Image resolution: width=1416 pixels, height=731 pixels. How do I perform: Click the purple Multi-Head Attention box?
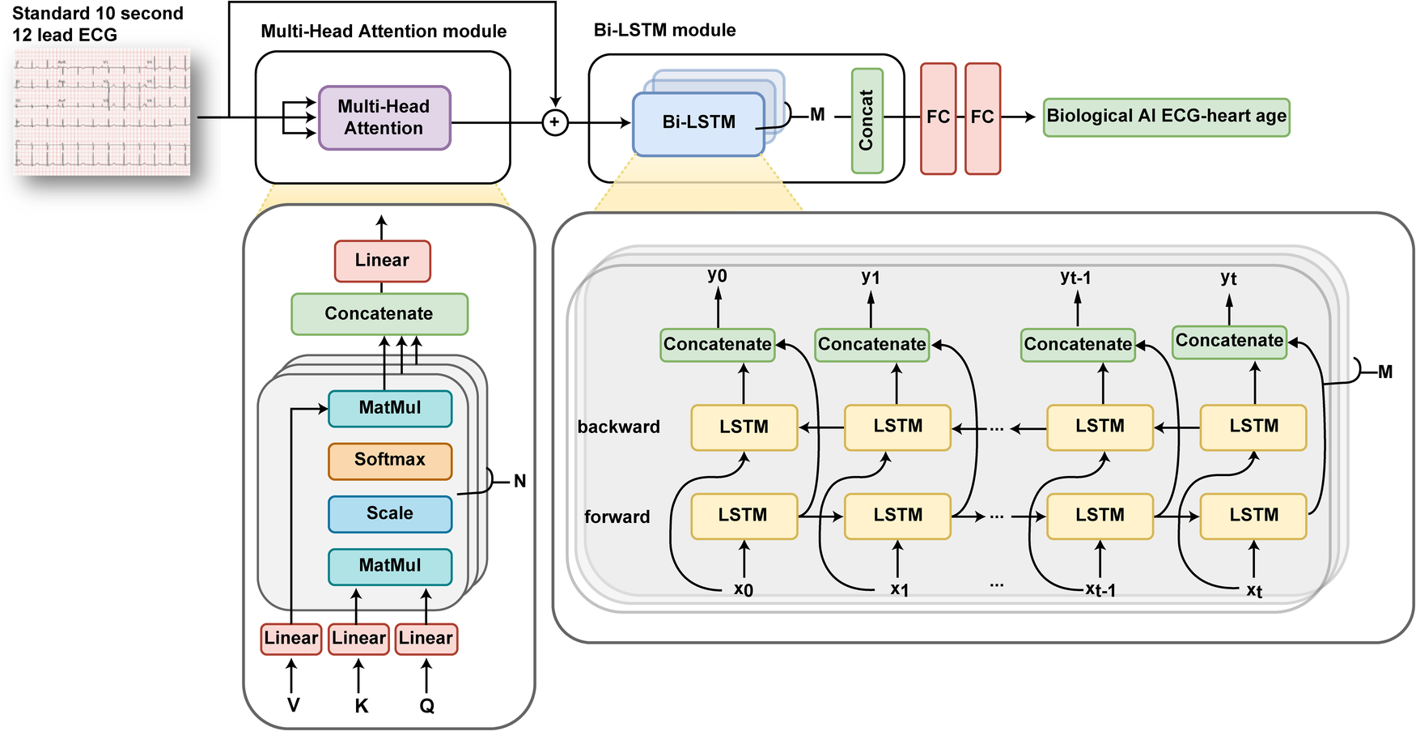[x=384, y=118]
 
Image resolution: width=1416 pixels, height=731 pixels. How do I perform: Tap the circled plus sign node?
[x=554, y=122]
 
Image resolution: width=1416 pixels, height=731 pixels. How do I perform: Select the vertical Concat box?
[x=867, y=121]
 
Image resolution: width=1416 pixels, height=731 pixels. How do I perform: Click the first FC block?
[x=938, y=118]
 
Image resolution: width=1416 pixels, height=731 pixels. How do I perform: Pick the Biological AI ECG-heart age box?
[x=1165, y=117]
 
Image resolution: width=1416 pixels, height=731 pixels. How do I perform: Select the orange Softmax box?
[x=389, y=461]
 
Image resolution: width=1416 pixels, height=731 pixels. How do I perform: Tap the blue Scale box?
[x=389, y=514]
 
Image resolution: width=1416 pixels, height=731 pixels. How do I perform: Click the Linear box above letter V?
[x=291, y=638]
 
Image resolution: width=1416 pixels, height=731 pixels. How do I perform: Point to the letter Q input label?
[x=426, y=706]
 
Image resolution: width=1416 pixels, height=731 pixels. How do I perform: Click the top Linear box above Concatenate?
[x=382, y=261]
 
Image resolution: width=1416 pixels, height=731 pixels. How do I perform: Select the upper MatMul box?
[x=389, y=409]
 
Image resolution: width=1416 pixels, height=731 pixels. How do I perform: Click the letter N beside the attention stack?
[x=519, y=482]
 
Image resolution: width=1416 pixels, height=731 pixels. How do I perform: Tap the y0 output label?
[x=717, y=276]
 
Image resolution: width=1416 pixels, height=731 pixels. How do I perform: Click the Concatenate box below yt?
[x=1228, y=341]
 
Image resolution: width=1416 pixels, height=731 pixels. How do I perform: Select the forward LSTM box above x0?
[x=743, y=516]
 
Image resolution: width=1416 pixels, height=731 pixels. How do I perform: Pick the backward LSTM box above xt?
[x=1253, y=427]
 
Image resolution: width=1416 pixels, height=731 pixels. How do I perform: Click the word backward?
[x=618, y=427]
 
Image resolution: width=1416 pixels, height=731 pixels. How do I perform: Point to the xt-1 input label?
[x=1100, y=590]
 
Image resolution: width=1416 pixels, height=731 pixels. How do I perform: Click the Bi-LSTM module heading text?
[x=664, y=31]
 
